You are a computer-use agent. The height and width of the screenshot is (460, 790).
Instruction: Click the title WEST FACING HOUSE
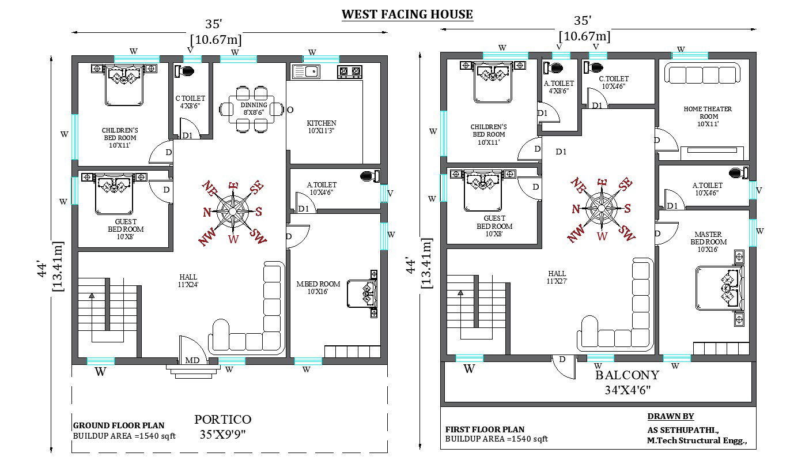click(407, 14)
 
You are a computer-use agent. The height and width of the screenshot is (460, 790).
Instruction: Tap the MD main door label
click(192, 360)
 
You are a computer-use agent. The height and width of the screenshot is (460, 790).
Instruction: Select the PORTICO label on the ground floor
click(222, 420)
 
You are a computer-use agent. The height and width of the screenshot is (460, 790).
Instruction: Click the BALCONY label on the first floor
click(627, 375)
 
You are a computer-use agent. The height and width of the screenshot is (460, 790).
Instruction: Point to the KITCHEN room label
click(321, 123)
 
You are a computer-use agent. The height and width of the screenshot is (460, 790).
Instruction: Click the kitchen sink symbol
click(305, 71)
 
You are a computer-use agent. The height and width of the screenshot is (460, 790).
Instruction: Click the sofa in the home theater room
click(701, 74)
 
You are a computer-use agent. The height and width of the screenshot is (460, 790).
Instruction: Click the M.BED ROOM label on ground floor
click(318, 288)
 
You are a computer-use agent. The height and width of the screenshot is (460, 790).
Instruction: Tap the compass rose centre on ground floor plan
click(233, 211)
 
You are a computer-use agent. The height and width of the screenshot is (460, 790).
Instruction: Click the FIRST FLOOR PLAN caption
click(485, 429)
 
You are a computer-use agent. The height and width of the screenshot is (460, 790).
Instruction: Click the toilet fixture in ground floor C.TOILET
click(186, 71)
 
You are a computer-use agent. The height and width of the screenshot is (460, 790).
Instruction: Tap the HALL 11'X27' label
click(557, 277)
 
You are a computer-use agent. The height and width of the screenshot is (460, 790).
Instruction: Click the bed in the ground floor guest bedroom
click(114, 193)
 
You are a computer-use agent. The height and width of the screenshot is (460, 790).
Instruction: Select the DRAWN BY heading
click(671, 416)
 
